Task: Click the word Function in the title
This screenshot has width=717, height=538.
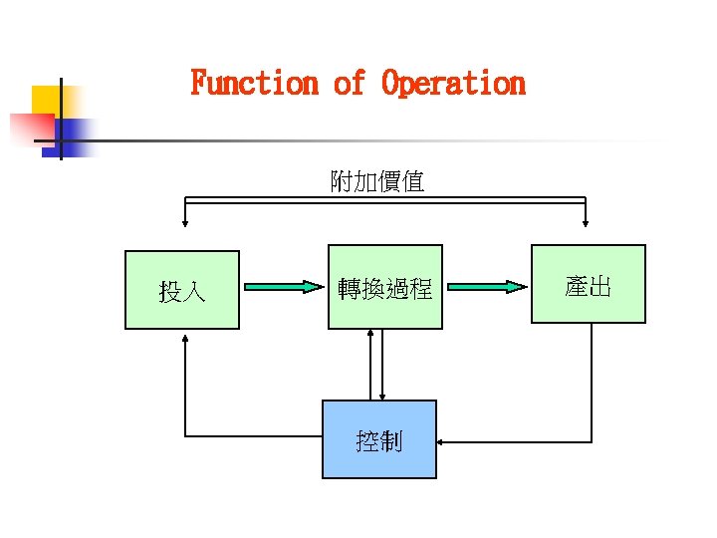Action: click(254, 83)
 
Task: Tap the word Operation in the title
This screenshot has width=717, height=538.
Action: click(453, 83)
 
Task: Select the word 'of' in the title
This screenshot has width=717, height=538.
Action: click(349, 83)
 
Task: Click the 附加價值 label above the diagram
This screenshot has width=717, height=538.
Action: click(377, 181)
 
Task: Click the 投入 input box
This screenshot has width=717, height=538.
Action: click(182, 290)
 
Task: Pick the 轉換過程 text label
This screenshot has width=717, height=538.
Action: click(384, 289)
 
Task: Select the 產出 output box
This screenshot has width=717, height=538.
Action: click(588, 284)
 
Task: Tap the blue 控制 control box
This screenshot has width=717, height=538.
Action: click(378, 439)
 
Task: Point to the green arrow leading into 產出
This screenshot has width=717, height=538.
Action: click(485, 288)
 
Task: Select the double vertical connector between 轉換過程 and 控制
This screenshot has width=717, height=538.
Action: click(376, 365)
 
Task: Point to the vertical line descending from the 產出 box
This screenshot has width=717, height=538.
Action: click(592, 379)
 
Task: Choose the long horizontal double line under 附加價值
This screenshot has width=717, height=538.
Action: click(384, 201)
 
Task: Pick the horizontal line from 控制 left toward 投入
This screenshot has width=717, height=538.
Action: click(253, 435)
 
